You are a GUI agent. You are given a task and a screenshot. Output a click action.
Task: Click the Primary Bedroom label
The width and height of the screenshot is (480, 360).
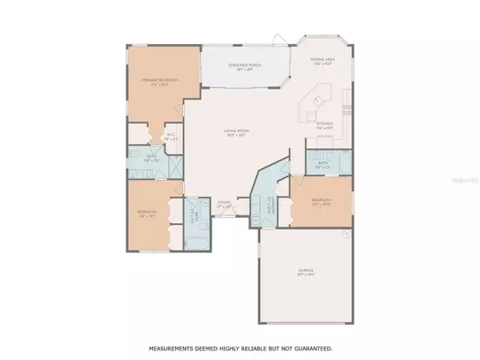(x=159, y=80)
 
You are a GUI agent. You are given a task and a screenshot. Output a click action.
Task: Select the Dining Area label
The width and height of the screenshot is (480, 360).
(x=322, y=60)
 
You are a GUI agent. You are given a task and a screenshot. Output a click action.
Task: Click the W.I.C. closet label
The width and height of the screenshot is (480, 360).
(x=170, y=137)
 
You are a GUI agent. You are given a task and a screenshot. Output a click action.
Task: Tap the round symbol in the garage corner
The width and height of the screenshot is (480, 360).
(x=346, y=234)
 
